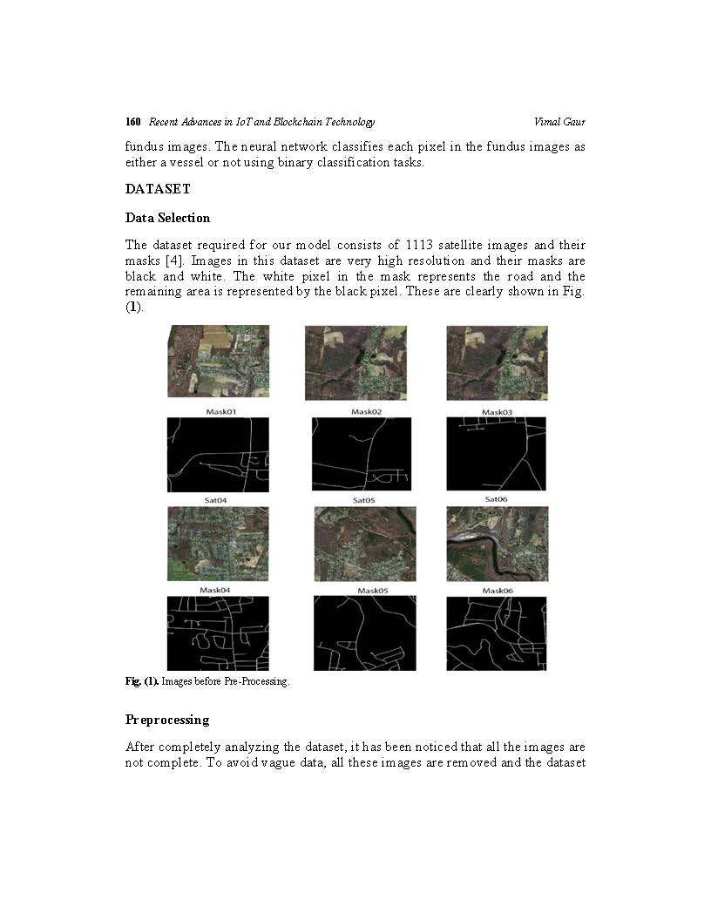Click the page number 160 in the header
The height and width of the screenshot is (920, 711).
[x=132, y=122]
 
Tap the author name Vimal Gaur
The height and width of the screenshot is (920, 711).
[x=559, y=122]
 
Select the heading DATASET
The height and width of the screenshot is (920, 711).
[x=158, y=189]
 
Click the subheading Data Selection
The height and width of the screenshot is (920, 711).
[x=167, y=218]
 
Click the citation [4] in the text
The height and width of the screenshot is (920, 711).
[x=174, y=260]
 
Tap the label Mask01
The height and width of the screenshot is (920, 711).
[x=220, y=412]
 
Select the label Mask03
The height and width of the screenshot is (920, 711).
[x=497, y=412]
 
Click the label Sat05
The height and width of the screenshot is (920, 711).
[x=363, y=500]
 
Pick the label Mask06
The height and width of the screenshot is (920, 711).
[x=498, y=591]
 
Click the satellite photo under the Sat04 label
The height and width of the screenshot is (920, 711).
[x=218, y=544]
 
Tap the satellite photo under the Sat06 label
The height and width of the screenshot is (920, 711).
[x=497, y=544]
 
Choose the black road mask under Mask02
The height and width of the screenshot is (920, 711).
[x=362, y=454]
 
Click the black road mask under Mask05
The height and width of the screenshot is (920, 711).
[x=365, y=633]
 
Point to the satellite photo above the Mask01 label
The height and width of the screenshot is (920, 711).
[x=218, y=362]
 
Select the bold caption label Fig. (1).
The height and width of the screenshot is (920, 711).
[x=142, y=681]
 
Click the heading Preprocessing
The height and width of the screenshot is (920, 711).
[x=167, y=720]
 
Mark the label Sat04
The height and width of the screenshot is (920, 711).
[x=215, y=500]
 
